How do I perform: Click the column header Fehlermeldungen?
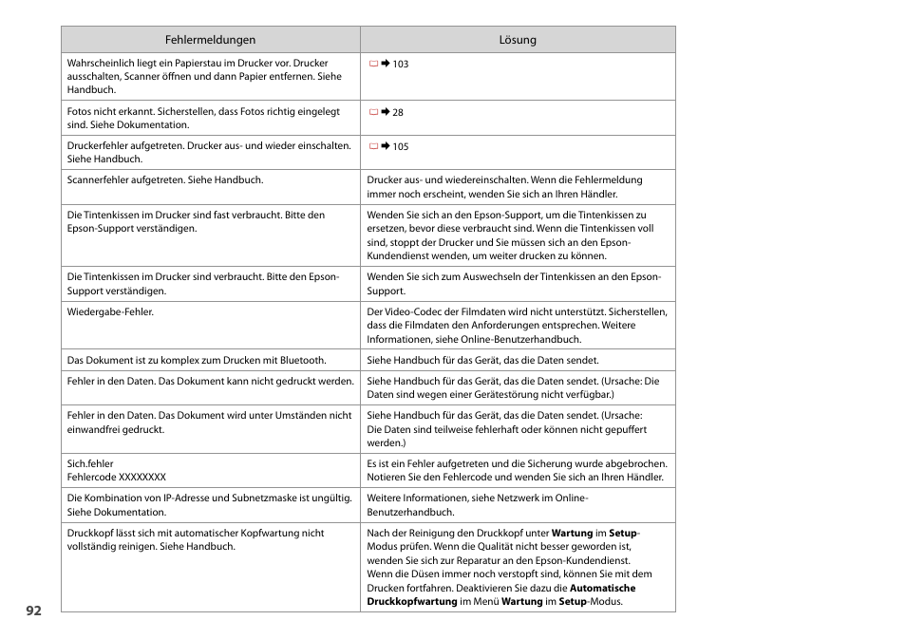[x=210, y=40]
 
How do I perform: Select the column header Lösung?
[x=518, y=40]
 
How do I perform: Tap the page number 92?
[x=34, y=611]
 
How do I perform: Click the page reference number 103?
[x=401, y=65]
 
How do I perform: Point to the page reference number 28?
[x=398, y=113]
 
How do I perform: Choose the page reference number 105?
[x=401, y=147]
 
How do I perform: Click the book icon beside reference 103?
[x=373, y=65]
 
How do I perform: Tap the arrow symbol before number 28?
[x=386, y=113]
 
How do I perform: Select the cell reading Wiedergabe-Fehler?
[x=110, y=311]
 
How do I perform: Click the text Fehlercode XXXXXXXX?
[x=116, y=477]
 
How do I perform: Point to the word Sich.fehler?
[x=90, y=463]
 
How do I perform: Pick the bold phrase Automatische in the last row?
[x=595, y=588]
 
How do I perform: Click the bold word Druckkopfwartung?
[x=411, y=602]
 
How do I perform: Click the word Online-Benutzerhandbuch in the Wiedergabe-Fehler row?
[x=527, y=339]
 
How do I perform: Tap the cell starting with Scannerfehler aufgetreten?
[x=165, y=179]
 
